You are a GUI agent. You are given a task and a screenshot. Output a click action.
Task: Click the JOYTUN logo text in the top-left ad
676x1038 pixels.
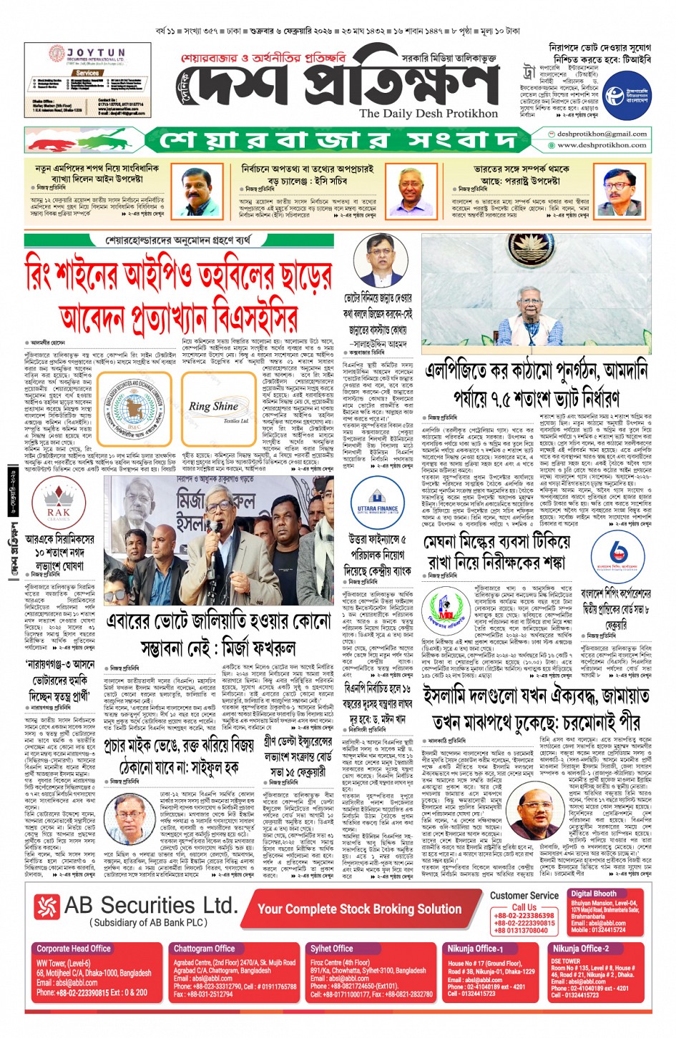click(x=97, y=54)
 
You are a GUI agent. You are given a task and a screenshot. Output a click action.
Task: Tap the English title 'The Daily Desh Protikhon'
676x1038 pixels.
click(x=428, y=113)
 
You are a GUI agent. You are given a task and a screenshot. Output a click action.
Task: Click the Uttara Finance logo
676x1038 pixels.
click(x=377, y=505)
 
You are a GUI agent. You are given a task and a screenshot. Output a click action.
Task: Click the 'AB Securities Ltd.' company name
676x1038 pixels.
click(x=150, y=905)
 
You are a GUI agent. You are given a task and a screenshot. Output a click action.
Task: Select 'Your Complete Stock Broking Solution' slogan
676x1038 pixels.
click(x=360, y=909)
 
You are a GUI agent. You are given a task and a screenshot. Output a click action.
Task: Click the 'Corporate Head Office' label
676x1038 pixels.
click(x=74, y=949)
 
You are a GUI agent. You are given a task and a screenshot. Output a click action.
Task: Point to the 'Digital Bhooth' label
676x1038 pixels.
click(x=594, y=894)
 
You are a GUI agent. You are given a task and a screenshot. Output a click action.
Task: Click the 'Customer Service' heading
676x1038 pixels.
click(x=524, y=895)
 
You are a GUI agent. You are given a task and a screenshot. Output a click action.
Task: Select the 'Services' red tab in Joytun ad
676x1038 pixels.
click(x=87, y=73)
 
